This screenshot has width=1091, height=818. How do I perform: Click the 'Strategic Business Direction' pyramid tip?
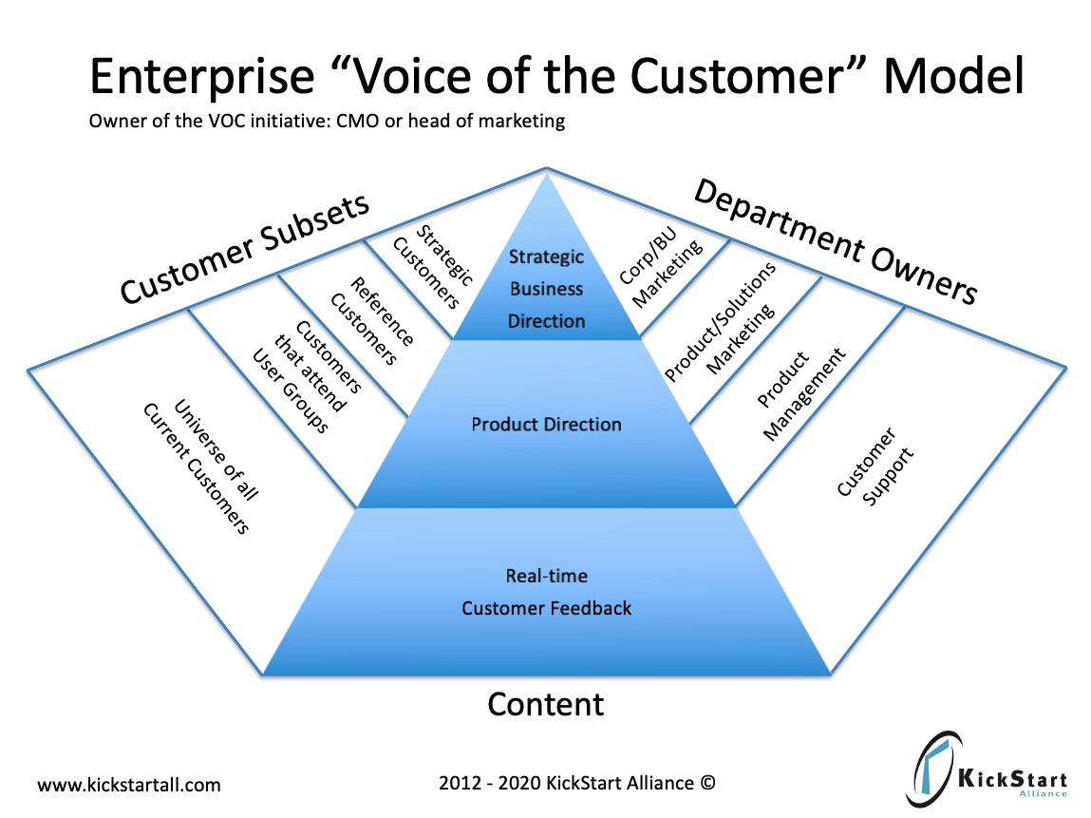[546, 289]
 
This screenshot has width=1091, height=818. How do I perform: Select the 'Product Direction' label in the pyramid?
[546, 424]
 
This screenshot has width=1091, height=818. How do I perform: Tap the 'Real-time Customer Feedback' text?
[546, 592]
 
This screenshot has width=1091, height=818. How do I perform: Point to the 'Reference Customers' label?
[371, 321]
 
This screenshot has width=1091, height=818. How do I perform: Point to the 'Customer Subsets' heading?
[244, 249]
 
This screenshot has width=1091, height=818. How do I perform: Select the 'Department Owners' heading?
[836, 241]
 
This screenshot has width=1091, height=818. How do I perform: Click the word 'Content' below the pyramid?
[546, 704]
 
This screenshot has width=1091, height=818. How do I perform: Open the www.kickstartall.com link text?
[128, 785]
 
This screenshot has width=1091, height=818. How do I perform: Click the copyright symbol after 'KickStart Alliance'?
[706, 783]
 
